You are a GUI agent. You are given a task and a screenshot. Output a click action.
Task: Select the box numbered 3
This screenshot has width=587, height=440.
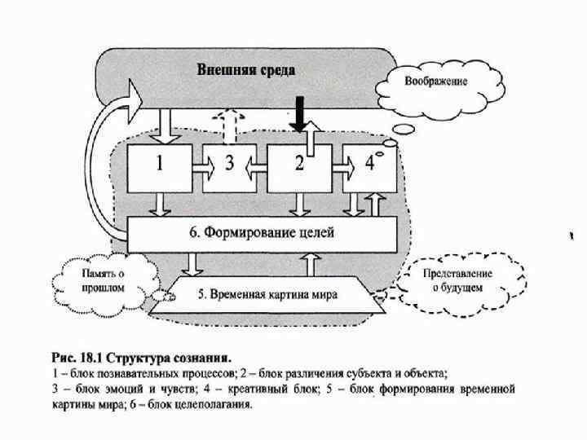click(x=230, y=167)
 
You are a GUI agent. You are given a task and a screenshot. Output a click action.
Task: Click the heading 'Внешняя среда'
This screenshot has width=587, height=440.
click(x=245, y=69)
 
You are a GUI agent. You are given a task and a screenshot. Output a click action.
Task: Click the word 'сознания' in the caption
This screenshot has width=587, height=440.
click(x=204, y=357)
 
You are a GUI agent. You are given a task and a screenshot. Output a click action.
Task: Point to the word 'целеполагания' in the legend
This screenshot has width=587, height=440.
click(x=213, y=404)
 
